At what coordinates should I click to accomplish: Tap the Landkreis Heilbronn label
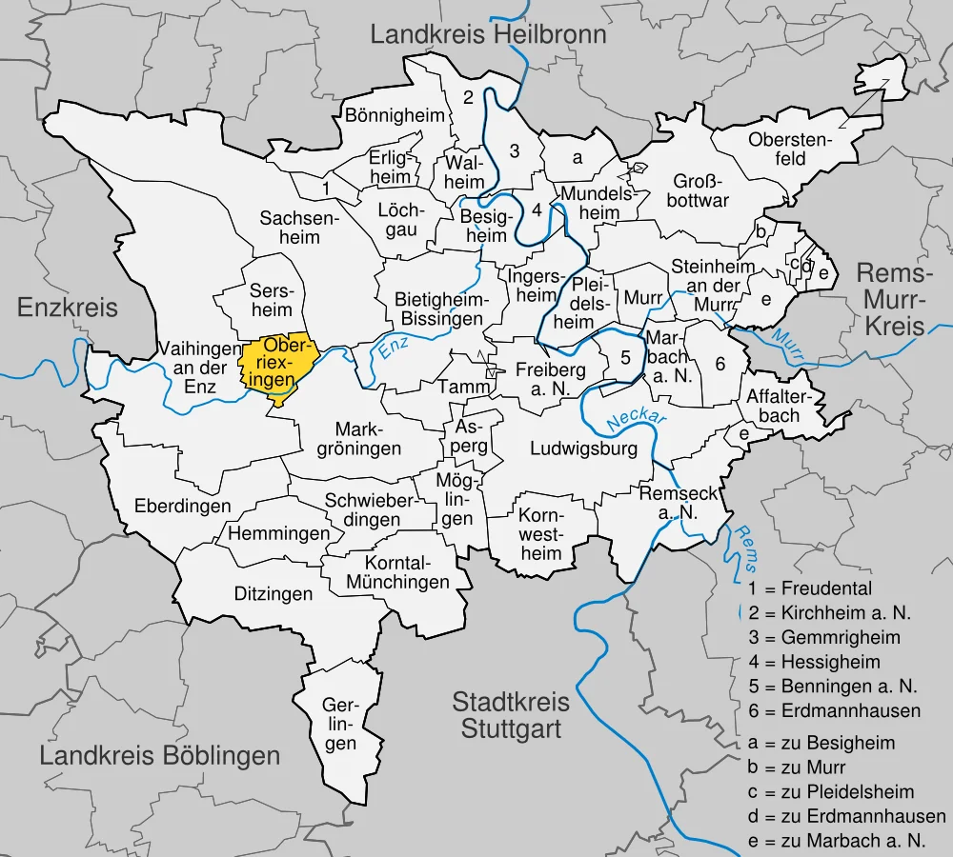tap(488, 36)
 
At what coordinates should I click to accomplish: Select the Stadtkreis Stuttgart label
tap(511, 716)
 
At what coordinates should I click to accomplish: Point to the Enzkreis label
tap(68, 307)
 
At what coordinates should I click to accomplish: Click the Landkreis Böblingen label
tap(160, 756)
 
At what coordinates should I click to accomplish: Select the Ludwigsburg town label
tap(583, 449)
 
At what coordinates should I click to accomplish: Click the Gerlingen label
tap(340, 725)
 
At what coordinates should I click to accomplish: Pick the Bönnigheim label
tap(395, 116)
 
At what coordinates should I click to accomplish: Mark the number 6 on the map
tap(720, 363)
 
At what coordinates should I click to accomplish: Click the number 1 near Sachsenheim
tap(326, 188)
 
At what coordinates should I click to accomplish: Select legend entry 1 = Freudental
tap(810, 588)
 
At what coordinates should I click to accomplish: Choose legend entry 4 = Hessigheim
tap(815, 662)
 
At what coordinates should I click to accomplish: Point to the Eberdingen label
tap(182, 506)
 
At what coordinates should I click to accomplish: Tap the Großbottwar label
tap(700, 190)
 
